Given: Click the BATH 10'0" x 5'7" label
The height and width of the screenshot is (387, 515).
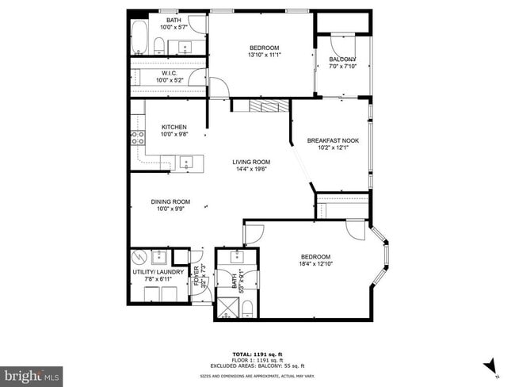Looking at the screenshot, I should pyautogui.click(x=173, y=24).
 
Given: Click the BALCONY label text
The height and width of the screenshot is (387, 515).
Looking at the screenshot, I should pyautogui.click(x=342, y=63).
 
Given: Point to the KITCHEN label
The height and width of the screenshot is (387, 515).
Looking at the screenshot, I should pyautogui.click(x=174, y=131).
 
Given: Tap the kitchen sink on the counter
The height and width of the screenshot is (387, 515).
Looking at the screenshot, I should pyautogui.click(x=189, y=163).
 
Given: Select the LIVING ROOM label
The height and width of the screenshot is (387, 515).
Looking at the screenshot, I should pyautogui.click(x=251, y=165).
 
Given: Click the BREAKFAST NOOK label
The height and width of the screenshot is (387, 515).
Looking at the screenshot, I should pyautogui.click(x=333, y=144).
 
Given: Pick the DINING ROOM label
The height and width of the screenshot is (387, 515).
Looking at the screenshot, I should pyautogui.click(x=171, y=205).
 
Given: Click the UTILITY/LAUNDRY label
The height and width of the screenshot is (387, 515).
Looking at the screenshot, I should pyautogui.click(x=158, y=275).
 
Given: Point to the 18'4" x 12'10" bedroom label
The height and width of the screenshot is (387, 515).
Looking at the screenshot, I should pyautogui.click(x=315, y=259).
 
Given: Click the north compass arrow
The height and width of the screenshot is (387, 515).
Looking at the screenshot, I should pyautogui.click(x=492, y=364).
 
